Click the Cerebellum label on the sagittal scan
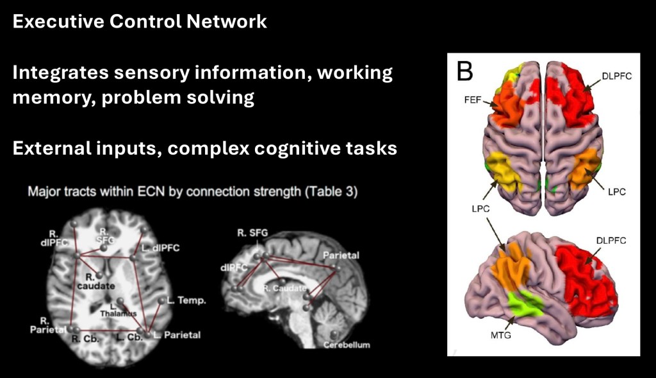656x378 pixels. point(347,345)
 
